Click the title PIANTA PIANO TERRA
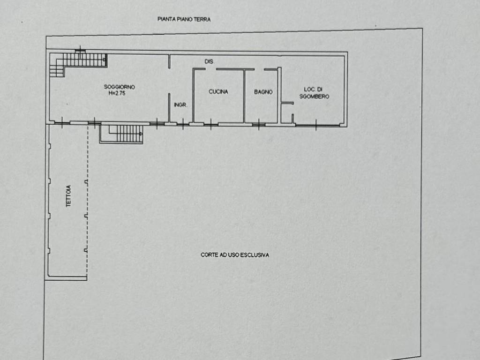pos(184,19)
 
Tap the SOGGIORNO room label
pos(120,87)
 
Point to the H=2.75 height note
pos(117,93)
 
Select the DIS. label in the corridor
pos(209,61)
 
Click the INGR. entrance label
pos(180,105)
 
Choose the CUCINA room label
pos(218,91)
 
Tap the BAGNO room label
pos(263,92)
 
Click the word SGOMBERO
pos(315,97)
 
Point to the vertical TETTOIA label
pos(68,196)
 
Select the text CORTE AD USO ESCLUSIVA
pos(235,255)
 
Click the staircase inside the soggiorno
pos(78,63)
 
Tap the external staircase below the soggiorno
pos(121,134)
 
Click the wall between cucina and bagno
pos(244,96)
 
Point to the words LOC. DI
pos(313,90)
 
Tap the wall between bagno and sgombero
pos(279,95)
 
